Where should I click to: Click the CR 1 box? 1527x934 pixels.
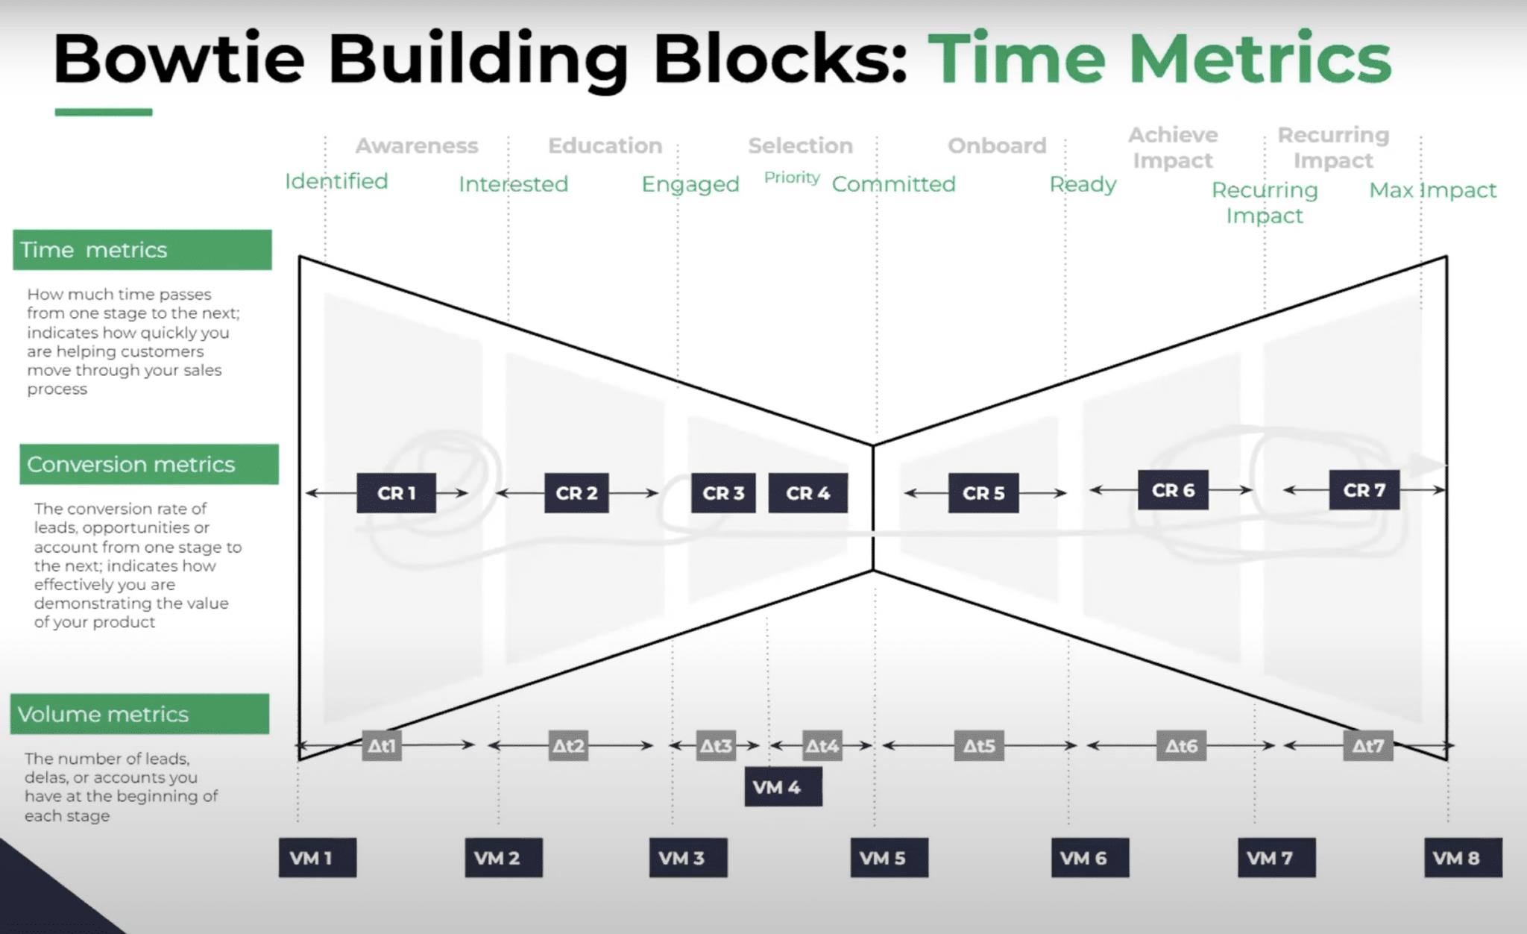coord(396,492)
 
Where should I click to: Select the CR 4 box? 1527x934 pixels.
coord(807,492)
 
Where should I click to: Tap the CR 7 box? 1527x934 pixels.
coord(1364,489)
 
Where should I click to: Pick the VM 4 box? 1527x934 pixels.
coord(783,786)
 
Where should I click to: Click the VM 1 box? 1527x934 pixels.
coord(318,857)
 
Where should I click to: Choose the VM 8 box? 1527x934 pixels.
coord(1463,857)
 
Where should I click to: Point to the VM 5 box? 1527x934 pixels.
coord(889,857)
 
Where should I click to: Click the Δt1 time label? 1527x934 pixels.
coord(382,745)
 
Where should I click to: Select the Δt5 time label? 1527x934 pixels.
coord(979,745)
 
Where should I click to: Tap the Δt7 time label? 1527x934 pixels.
coord(1367,745)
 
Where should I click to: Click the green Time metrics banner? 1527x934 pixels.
coord(142,249)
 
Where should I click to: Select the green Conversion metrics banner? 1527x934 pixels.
coord(149,464)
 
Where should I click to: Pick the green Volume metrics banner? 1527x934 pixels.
coord(139,714)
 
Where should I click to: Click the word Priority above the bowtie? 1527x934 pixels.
coord(792,178)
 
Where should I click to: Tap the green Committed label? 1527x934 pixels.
coord(893,184)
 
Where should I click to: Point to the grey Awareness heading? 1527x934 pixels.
coord(417,145)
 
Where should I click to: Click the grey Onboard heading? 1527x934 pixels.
coord(997,145)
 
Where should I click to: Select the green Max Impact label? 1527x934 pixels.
coord(1432,190)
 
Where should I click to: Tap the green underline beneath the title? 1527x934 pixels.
coord(104,112)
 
